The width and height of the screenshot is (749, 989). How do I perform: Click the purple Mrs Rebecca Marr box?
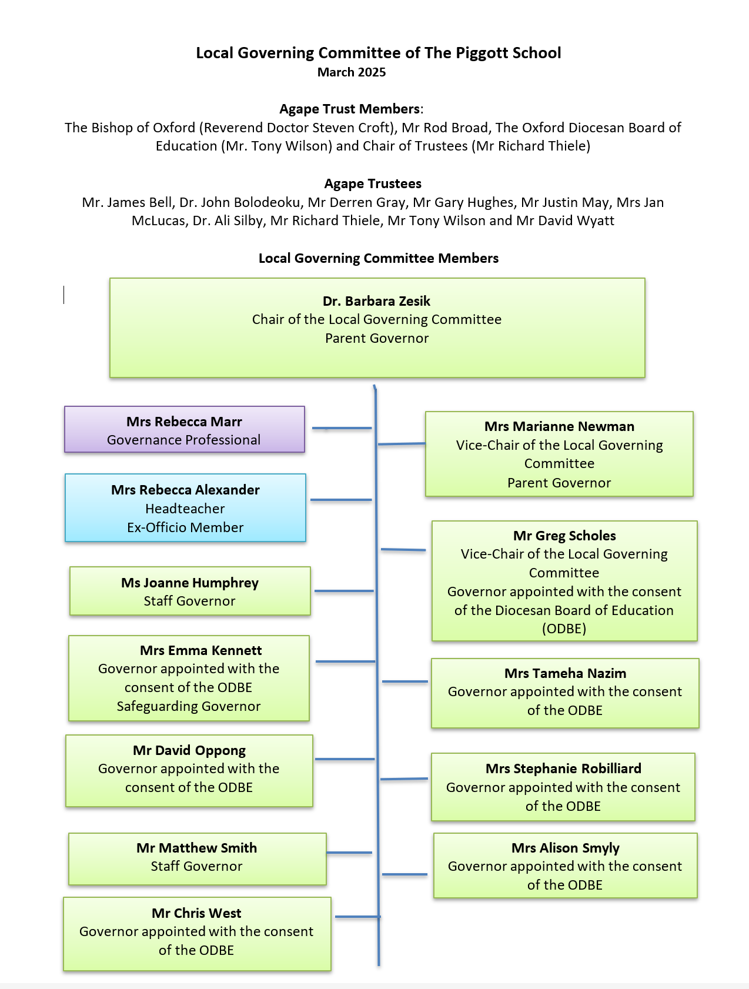tap(185, 429)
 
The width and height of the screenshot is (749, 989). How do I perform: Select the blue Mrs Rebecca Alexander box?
tap(186, 507)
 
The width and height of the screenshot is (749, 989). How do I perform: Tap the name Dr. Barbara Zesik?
tap(376, 301)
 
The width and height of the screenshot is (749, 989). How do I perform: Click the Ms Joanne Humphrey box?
tap(190, 591)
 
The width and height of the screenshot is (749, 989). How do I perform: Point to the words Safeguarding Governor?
tap(189, 706)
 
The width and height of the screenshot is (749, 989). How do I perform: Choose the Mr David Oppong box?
tap(189, 771)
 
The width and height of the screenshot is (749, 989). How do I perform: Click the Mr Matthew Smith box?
tap(198, 859)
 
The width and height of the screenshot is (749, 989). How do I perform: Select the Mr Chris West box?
tap(197, 934)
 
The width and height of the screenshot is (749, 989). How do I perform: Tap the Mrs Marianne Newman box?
tap(559, 454)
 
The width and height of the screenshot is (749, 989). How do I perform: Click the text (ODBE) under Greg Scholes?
tap(564, 629)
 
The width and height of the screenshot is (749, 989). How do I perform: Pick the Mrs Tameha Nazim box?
tap(565, 693)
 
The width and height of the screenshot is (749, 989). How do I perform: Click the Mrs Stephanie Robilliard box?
tap(563, 787)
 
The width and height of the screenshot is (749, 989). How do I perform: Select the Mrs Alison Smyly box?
tap(566, 866)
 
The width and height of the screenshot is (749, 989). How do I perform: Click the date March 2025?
tap(352, 72)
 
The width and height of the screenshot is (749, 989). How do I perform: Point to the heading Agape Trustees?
tap(373, 183)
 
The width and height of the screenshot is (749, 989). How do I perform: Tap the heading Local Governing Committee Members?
tap(379, 258)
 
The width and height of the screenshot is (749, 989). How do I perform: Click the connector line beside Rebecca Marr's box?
tap(342, 429)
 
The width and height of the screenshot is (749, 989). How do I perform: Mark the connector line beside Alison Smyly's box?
tap(404, 875)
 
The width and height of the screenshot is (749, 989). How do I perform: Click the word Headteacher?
tap(185, 509)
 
